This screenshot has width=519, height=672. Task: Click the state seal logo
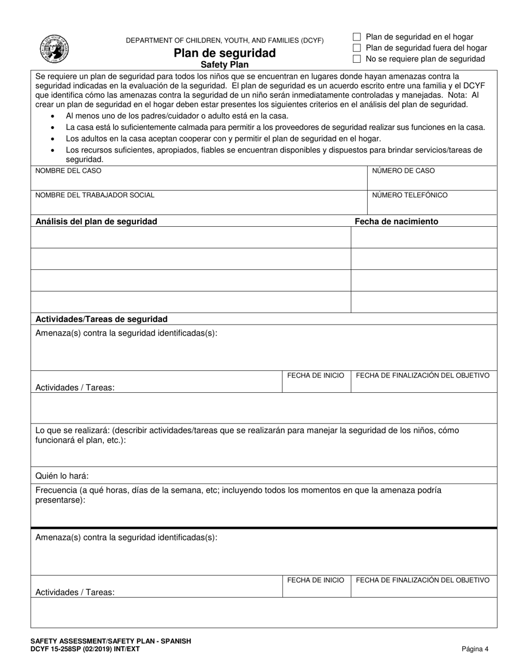[x=55, y=48]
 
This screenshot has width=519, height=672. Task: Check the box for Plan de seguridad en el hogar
[x=357, y=37]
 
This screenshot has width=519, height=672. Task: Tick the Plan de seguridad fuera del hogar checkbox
[x=357, y=48]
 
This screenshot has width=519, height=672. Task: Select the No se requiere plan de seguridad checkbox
[x=357, y=59]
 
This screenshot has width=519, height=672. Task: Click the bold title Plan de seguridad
[x=225, y=54]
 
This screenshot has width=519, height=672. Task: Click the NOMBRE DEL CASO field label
[x=68, y=171]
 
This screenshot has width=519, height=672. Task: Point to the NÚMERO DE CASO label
[x=403, y=171]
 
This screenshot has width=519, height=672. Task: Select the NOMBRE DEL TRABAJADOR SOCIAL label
[x=95, y=195]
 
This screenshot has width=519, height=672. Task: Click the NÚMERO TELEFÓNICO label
[x=410, y=195]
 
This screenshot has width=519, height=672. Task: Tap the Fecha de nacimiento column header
[x=396, y=222]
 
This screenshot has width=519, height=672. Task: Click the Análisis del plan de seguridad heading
[x=96, y=222]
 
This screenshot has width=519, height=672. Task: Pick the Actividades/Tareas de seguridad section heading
[x=101, y=319]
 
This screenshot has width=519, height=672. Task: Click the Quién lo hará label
[x=62, y=476]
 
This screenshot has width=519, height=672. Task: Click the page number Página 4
[x=475, y=649]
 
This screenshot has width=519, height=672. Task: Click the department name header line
[x=225, y=41]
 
